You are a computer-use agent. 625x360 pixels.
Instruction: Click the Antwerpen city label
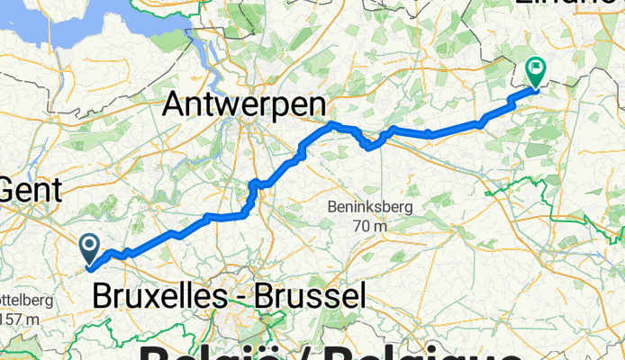(x=243, y=105)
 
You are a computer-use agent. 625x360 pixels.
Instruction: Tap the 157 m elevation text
(x=20, y=318)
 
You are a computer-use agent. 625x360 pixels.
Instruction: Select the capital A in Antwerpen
(x=175, y=105)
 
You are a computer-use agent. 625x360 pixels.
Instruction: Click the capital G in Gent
(x=11, y=190)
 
